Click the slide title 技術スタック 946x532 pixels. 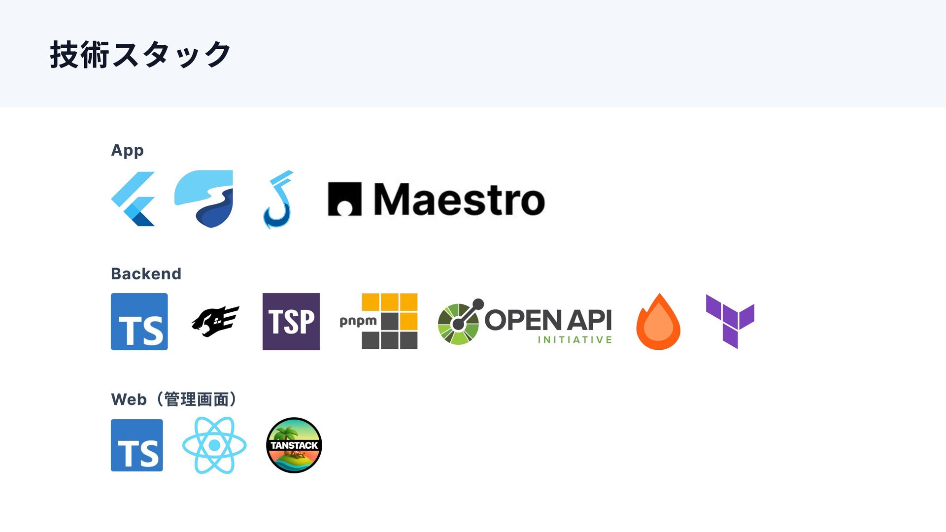pyautogui.click(x=140, y=54)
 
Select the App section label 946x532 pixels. pyautogui.click(x=127, y=150)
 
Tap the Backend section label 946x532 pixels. pyautogui.click(x=146, y=273)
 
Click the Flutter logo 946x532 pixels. pyautogui.click(x=133, y=199)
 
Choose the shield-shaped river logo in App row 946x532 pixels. pyautogui.click(x=204, y=198)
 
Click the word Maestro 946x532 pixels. pyautogui.click(x=459, y=199)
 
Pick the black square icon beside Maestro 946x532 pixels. pyautogui.click(x=344, y=199)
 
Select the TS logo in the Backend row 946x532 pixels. pyautogui.click(x=139, y=322)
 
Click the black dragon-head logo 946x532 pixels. pyautogui.click(x=215, y=321)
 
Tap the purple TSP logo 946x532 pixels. pyautogui.click(x=291, y=322)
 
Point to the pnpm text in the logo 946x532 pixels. pyautogui.click(x=358, y=322)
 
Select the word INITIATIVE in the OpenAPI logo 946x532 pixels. pyautogui.click(x=574, y=340)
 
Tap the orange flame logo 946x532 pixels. pyautogui.click(x=658, y=322)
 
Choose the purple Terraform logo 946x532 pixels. pyautogui.click(x=730, y=321)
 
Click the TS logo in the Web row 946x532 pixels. pyautogui.click(x=136, y=445)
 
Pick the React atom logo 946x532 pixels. pyautogui.click(x=214, y=445)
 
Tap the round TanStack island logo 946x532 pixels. pyautogui.click(x=294, y=445)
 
